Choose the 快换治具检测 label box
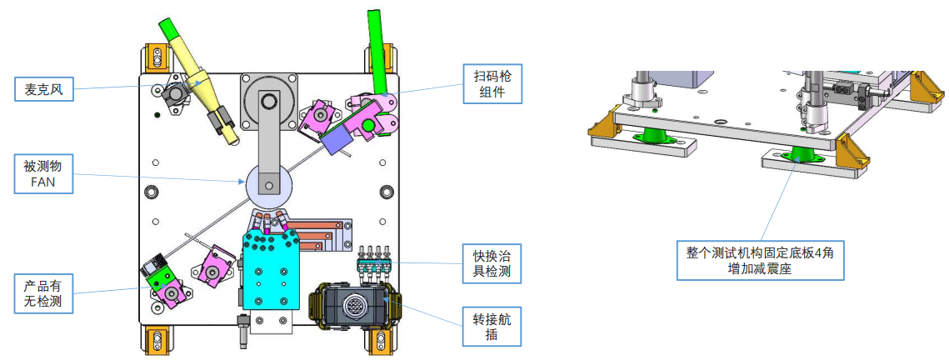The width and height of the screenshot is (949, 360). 492,262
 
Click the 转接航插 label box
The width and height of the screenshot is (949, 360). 492,326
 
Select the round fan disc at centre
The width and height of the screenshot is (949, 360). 268,184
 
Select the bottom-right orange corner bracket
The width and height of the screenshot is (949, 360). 379,340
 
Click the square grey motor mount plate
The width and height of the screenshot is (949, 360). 268,100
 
